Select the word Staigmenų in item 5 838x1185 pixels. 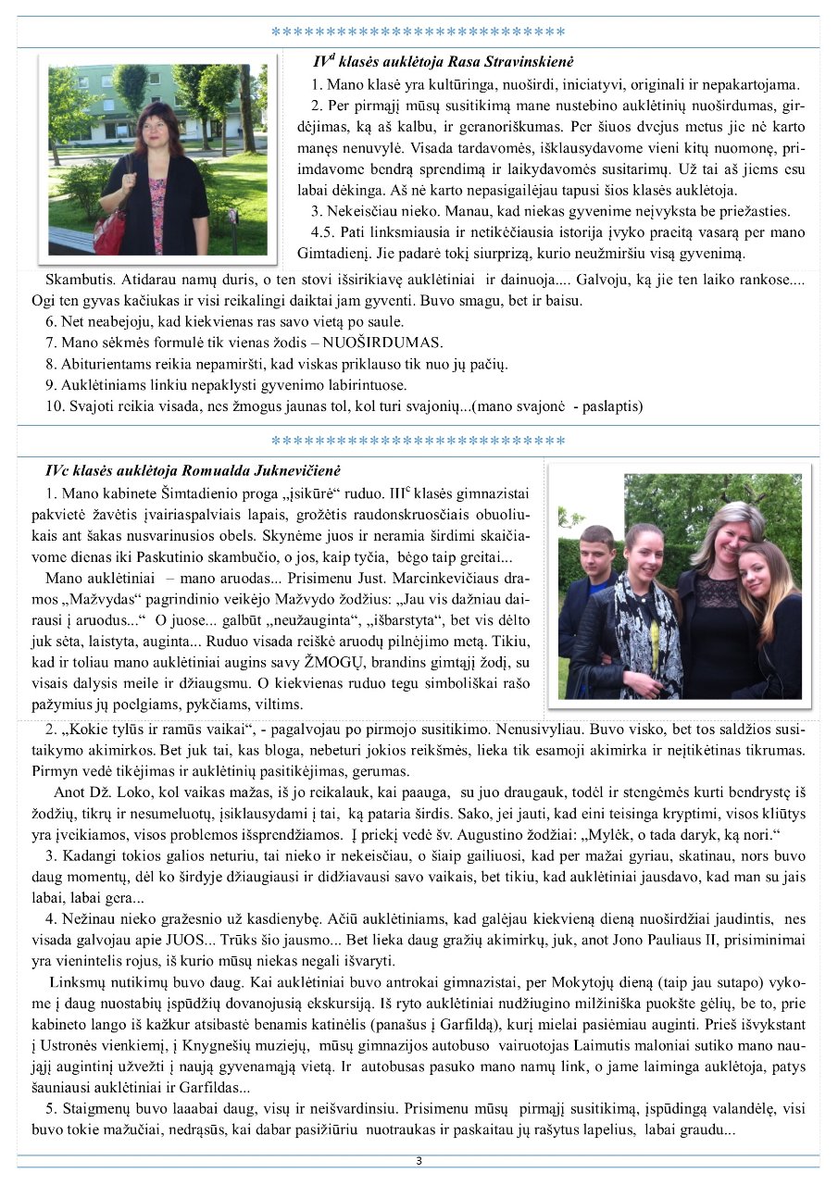(96, 1110)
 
